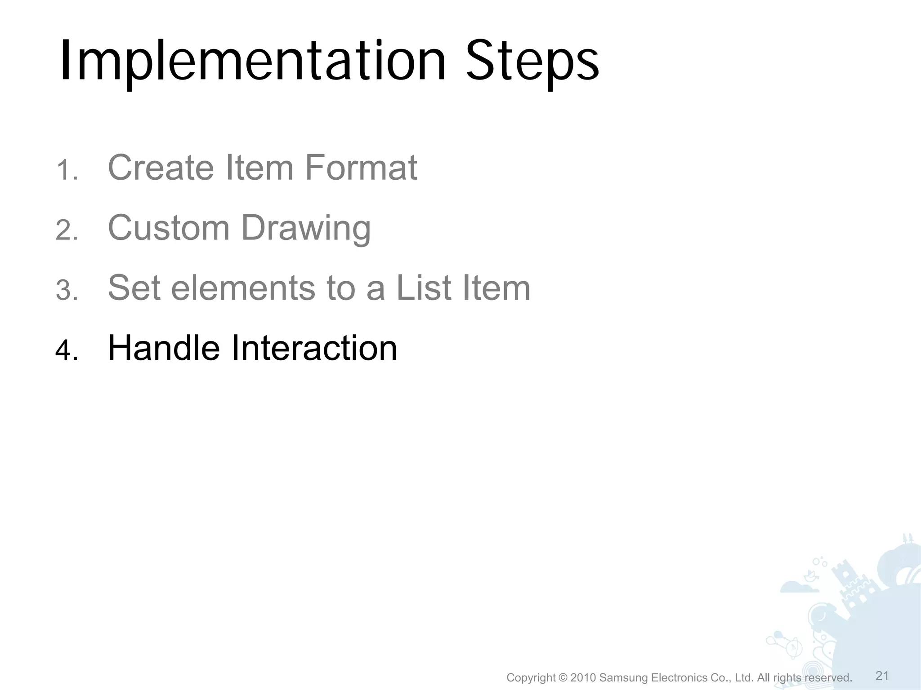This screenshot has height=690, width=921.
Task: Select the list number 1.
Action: (67, 171)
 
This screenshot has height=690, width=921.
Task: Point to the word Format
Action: (361, 168)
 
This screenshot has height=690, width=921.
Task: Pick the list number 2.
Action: (67, 231)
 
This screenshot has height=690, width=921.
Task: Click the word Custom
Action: (169, 228)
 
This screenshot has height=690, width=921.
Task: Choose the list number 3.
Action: (67, 291)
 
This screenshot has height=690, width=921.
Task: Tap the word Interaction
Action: (314, 348)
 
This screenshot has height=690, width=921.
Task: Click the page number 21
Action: (882, 676)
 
